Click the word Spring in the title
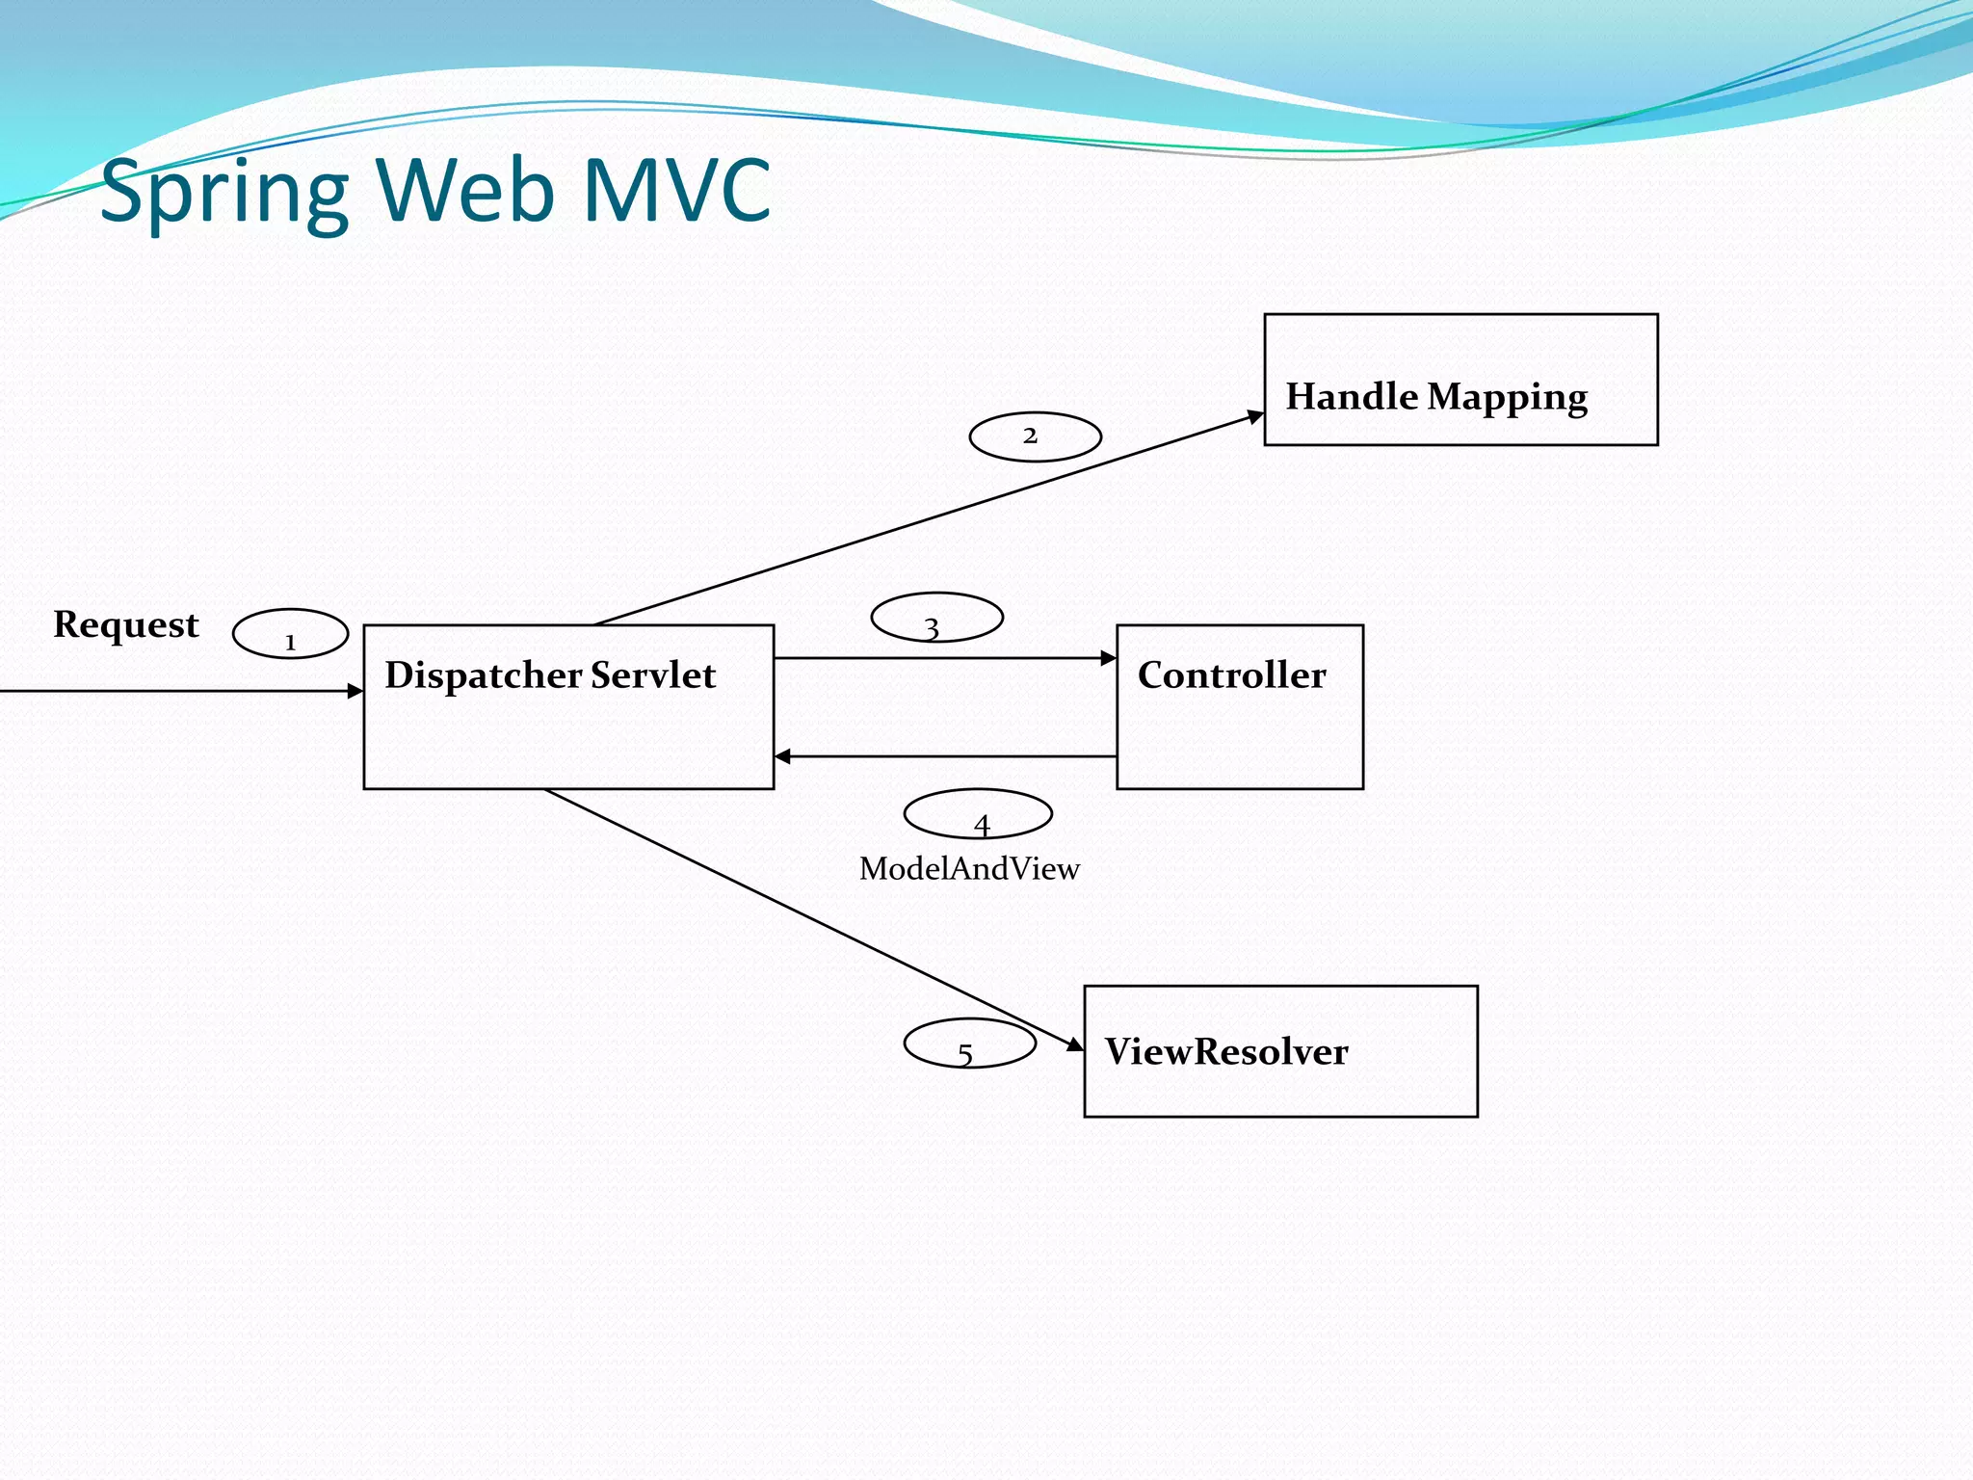point(224,193)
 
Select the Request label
point(125,625)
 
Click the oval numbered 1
point(290,634)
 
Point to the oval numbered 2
point(1035,436)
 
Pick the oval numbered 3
point(936,618)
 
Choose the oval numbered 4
point(977,814)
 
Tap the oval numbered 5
point(969,1044)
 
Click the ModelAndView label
point(969,869)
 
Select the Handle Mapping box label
point(1435,397)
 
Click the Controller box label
point(1231,674)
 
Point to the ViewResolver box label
point(1225,1051)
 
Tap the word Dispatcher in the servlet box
point(484,675)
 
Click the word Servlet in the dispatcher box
point(653,674)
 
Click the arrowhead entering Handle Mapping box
point(1255,416)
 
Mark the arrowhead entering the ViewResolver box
point(1075,1044)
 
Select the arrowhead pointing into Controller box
point(1109,658)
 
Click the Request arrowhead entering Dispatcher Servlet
point(355,691)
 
